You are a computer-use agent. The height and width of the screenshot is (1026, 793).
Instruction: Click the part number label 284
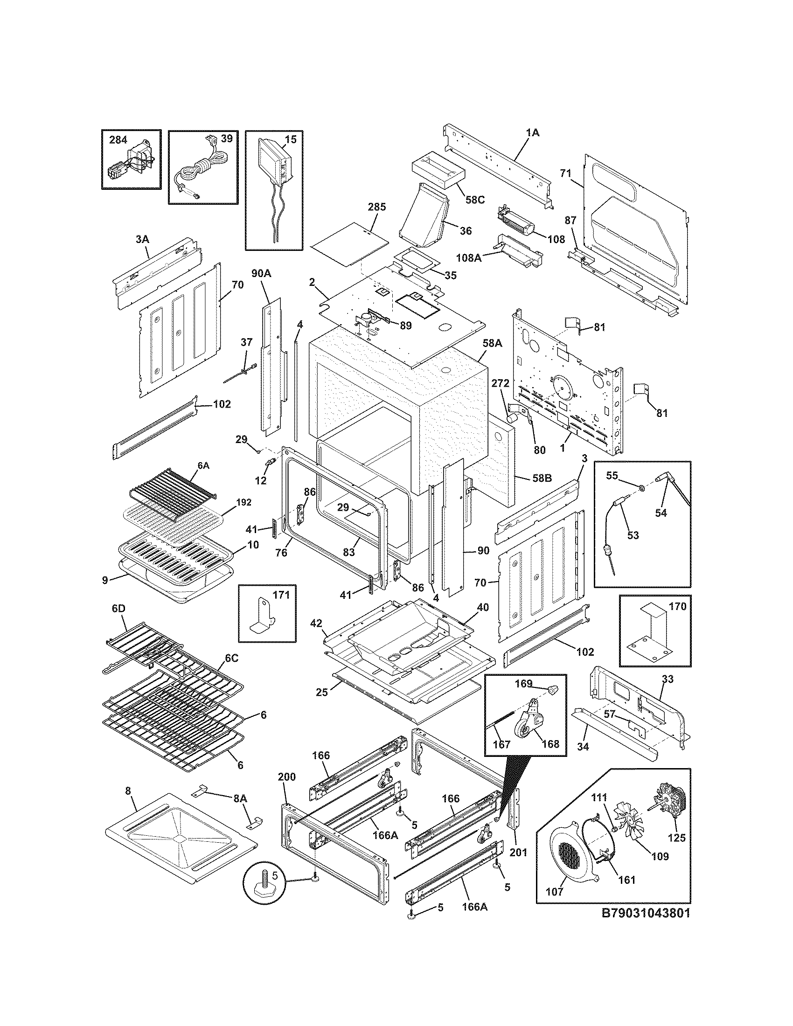click(118, 139)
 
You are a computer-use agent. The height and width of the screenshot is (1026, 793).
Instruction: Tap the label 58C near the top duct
click(475, 199)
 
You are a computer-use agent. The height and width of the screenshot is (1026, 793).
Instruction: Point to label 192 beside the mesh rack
click(243, 502)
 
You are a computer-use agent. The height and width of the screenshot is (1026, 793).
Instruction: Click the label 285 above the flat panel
click(377, 207)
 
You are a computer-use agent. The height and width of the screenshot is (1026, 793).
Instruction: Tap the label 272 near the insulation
click(501, 383)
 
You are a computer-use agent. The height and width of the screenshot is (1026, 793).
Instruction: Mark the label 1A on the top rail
click(533, 133)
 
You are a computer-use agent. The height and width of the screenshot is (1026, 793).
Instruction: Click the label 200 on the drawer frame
click(286, 776)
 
